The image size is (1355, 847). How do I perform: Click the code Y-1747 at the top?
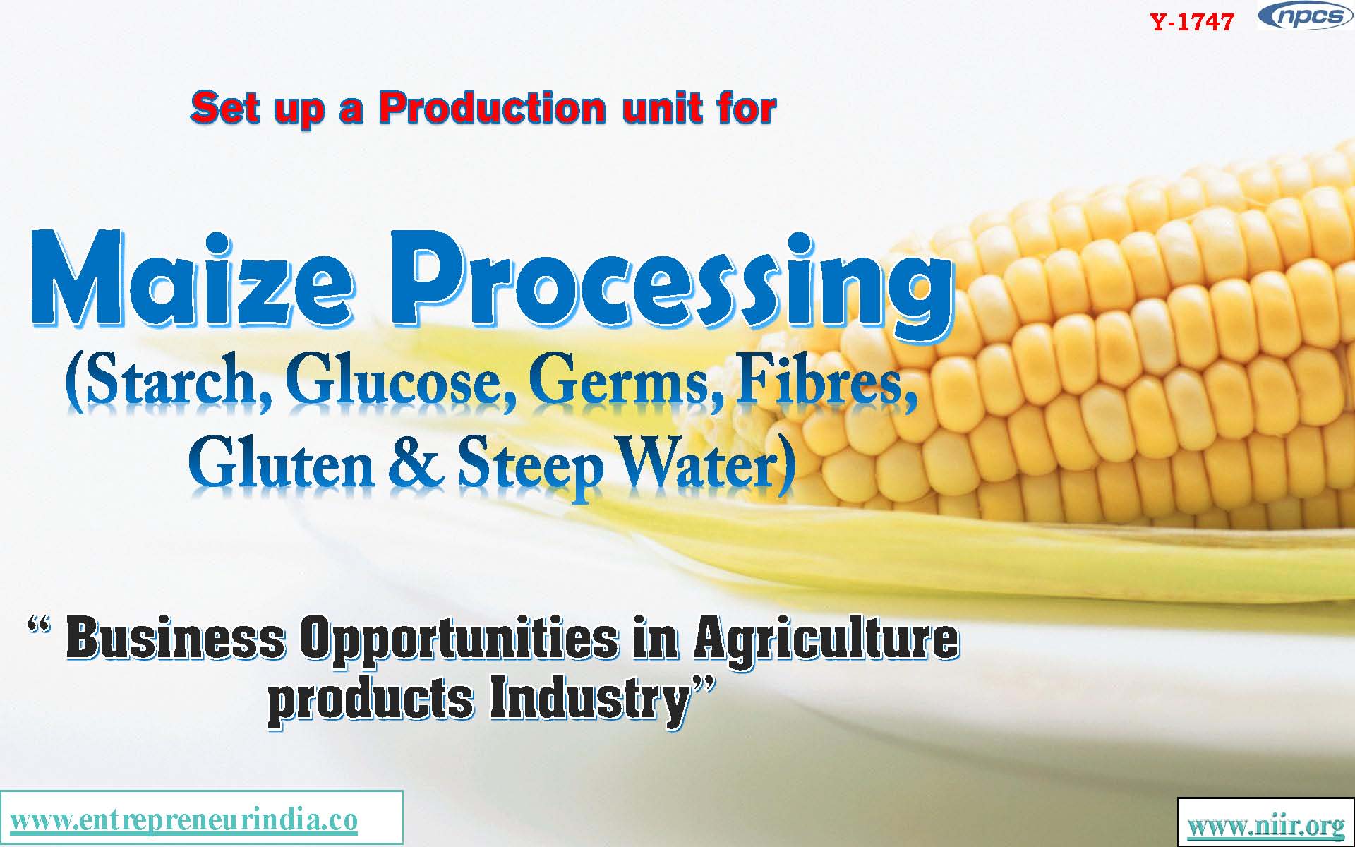[1192, 22]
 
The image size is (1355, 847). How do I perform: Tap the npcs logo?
[1305, 17]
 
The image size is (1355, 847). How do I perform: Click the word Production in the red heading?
[493, 108]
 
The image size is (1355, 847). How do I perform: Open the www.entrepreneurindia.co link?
[184, 819]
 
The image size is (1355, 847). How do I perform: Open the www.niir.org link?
[1266, 824]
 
